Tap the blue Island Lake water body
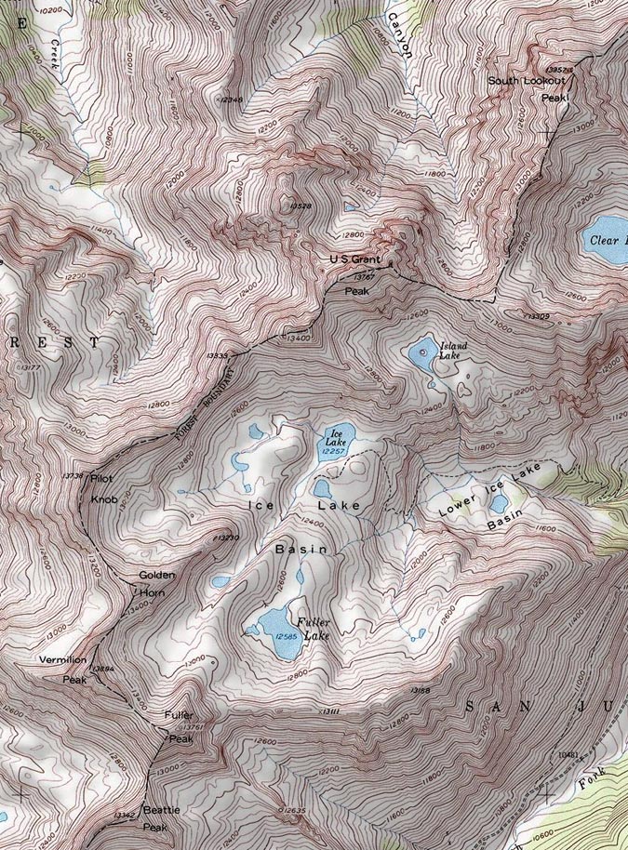click(x=421, y=352)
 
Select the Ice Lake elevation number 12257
click(x=333, y=451)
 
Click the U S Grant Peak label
click(x=355, y=274)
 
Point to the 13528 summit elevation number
click(x=300, y=205)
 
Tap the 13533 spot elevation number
click(x=215, y=355)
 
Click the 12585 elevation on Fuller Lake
click(x=286, y=636)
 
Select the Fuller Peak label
click(x=179, y=725)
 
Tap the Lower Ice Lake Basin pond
click(x=499, y=503)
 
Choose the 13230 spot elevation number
click(x=228, y=538)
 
